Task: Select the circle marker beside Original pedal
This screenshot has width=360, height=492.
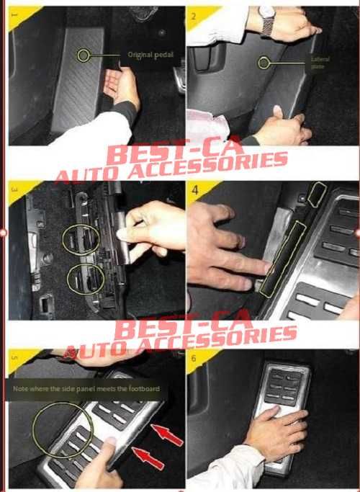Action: point(86,54)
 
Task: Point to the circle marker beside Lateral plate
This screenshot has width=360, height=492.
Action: point(264,63)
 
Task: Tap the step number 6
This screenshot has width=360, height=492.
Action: point(193,357)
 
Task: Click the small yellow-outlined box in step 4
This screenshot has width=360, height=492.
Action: point(317,193)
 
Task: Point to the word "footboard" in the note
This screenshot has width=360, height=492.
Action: point(143,390)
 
